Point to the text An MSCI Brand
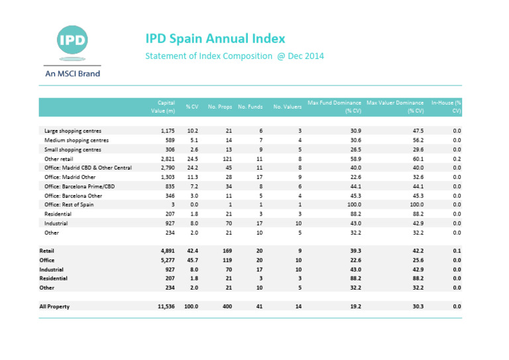point(71,74)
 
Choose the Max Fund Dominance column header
point(334,107)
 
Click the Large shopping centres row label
point(72,131)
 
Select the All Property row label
point(54,307)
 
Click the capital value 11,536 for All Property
point(165,307)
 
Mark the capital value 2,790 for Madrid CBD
point(168,168)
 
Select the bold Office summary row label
point(48,261)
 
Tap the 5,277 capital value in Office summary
point(167,261)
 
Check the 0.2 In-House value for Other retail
point(457,159)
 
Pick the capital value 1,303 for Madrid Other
point(168,178)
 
